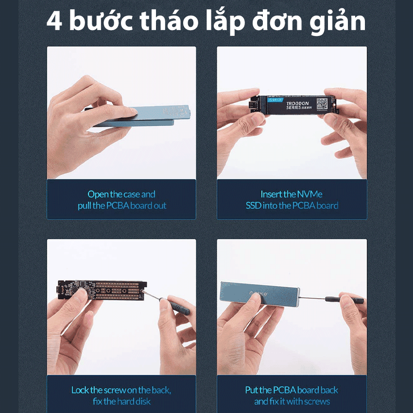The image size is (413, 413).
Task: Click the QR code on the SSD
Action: (322, 104)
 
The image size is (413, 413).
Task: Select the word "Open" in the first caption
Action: (98, 194)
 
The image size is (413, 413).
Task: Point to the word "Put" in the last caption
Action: (252, 390)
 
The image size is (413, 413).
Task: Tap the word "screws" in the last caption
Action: (318, 401)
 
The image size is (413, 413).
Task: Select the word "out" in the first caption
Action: (160, 206)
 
